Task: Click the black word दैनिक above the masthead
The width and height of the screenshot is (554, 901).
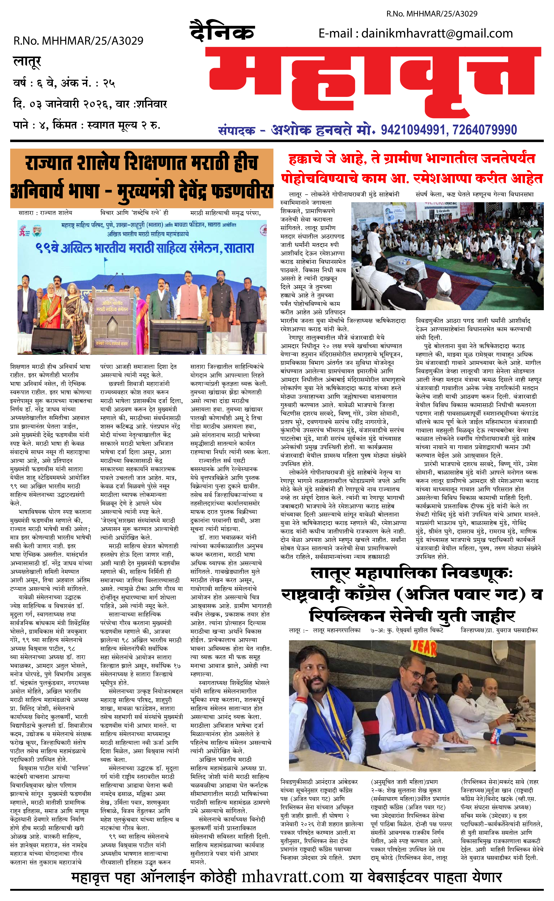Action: (222, 32)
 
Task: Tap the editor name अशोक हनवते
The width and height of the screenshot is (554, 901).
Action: (312, 130)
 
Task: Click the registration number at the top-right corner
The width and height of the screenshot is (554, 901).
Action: (432, 14)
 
